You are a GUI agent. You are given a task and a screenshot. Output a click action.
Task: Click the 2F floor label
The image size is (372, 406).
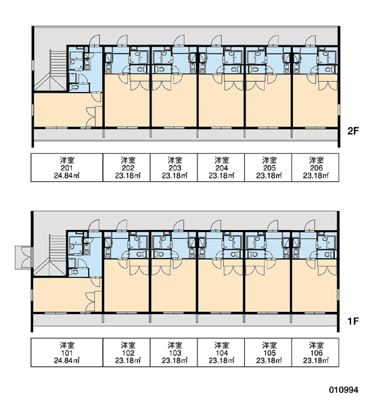coord(353,131)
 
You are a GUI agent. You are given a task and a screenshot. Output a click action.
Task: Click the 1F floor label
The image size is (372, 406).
coord(353,321)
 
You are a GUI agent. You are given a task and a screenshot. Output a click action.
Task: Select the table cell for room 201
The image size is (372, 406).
coord(67,168)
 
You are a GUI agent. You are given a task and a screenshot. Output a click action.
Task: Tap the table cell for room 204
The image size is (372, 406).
coord(220,168)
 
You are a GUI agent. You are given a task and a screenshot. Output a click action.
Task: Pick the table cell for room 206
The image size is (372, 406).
coord(315,168)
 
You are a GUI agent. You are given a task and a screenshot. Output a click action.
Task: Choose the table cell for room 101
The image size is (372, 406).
coord(67,353)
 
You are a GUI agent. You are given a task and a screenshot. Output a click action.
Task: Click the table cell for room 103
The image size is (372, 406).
coord(174,353)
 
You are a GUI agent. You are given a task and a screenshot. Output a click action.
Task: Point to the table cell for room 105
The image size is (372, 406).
coord(269,353)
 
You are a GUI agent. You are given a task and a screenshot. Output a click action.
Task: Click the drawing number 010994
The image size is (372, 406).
coord(344,390)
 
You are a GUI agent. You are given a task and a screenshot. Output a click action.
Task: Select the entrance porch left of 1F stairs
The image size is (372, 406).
coord(24,257)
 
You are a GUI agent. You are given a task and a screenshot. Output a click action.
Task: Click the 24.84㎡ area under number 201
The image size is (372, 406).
coord(67,176)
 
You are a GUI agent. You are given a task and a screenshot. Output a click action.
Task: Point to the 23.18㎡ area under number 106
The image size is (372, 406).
coord(316,361)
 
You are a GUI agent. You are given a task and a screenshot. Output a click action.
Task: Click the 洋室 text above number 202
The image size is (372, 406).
coord(128,160)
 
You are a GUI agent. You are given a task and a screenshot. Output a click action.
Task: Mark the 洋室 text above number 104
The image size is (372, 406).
coord(222,345)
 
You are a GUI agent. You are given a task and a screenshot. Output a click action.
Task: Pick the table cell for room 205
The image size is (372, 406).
coord(269,168)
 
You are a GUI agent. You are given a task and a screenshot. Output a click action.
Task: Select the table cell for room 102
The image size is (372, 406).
coord(126,353)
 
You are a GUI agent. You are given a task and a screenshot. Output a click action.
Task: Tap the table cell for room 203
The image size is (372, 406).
coord(174,168)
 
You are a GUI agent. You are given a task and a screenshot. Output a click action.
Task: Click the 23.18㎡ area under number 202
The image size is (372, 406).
coord(128,176)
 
